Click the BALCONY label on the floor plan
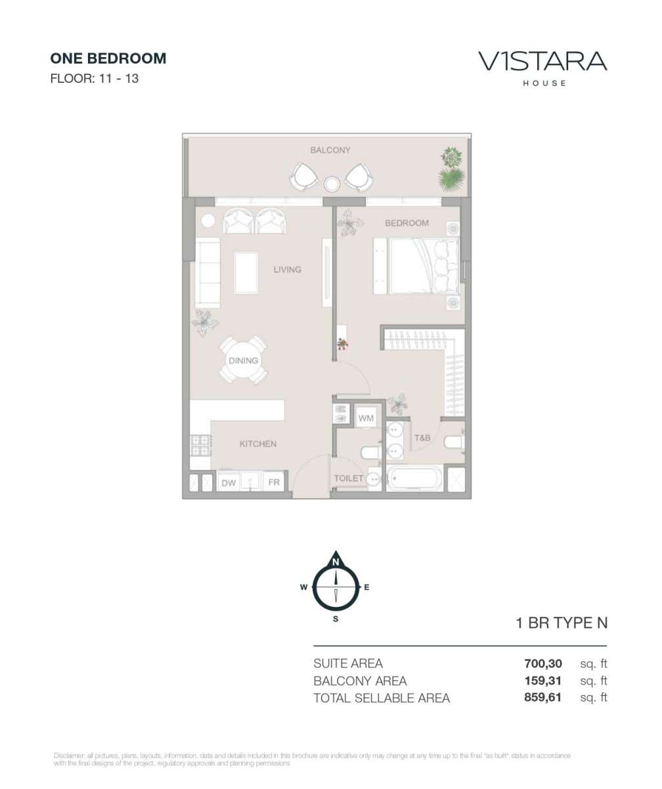click(330, 150)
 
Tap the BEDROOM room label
click(407, 223)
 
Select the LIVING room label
click(287, 270)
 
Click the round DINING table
click(244, 360)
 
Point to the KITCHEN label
click(258, 444)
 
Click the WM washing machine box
click(366, 418)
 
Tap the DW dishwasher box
click(229, 483)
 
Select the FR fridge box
click(274, 482)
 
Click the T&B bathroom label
click(422, 438)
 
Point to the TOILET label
click(349, 479)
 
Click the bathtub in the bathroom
click(414, 479)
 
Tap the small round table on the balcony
click(332, 184)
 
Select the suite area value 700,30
click(542, 663)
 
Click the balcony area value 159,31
click(542, 681)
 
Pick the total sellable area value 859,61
click(542, 698)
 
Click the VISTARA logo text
click(542, 61)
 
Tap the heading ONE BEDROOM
click(108, 59)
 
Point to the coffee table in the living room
click(246, 272)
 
